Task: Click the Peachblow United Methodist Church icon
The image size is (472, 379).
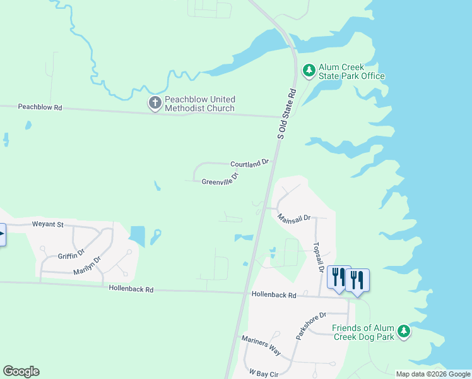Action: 155,103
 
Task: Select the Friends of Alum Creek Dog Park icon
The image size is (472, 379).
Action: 404,331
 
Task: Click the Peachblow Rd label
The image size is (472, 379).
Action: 40,108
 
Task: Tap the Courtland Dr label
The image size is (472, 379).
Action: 249,164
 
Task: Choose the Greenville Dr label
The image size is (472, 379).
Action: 220,179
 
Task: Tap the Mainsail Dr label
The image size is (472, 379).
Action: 295,217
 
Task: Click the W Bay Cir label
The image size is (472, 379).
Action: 264,373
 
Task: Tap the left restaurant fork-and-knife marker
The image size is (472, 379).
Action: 339,277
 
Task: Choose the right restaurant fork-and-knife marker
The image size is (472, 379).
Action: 357,280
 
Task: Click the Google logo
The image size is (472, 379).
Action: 21,371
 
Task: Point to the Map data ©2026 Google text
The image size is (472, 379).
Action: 432,374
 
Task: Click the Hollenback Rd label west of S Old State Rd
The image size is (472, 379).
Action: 131,289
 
